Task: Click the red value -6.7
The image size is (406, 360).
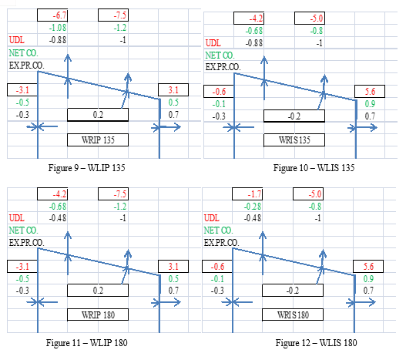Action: tap(59, 15)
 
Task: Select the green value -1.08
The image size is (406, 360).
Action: tap(58, 28)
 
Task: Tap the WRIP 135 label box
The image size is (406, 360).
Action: tap(98, 140)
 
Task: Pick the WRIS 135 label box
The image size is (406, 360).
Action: tap(294, 140)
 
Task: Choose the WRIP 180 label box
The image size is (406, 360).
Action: tap(98, 315)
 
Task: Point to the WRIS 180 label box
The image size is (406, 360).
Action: tap(293, 315)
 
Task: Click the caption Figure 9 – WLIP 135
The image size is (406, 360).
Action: tap(86, 168)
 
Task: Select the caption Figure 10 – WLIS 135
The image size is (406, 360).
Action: tap(314, 168)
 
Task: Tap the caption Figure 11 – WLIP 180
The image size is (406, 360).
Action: tap(87, 342)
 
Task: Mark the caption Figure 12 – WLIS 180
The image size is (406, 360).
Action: tap(316, 342)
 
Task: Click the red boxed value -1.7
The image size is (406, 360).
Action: tap(254, 193)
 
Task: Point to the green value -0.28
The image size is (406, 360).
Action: tap(253, 207)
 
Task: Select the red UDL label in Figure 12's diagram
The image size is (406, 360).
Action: tap(212, 217)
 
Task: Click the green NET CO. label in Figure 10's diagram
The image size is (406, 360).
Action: tap(220, 56)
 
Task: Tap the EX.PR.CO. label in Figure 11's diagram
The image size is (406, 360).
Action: tap(26, 243)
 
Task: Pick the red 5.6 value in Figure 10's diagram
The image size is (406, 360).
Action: tap(370, 91)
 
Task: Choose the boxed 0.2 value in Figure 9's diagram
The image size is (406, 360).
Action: tap(98, 115)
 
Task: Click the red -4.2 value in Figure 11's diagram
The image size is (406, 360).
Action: tap(59, 193)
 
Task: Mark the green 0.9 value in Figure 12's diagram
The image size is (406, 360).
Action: tap(368, 278)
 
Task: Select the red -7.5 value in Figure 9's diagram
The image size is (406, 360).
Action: tap(120, 15)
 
